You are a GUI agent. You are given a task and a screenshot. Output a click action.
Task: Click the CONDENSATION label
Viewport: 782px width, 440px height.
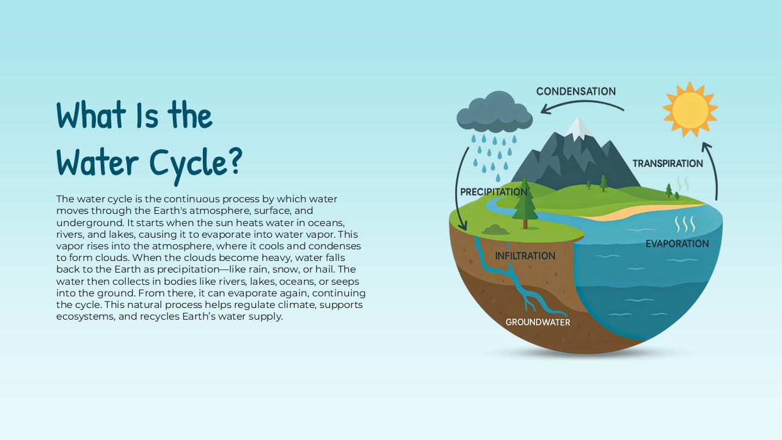pyautogui.click(x=576, y=92)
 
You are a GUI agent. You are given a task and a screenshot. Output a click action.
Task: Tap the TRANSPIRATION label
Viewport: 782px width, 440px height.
pyautogui.click(x=667, y=164)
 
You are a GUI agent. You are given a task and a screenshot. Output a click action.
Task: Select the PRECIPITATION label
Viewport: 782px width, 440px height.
pyautogui.click(x=494, y=192)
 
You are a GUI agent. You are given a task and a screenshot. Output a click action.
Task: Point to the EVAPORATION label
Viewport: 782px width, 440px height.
pyautogui.click(x=677, y=244)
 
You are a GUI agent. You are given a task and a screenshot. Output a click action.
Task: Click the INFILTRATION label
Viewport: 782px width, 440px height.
pyautogui.click(x=525, y=255)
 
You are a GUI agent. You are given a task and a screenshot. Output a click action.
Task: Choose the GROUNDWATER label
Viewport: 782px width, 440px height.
pyautogui.click(x=538, y=322)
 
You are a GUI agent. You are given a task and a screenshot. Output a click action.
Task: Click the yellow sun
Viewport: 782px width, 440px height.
pyautogui.click(x=690, y=109)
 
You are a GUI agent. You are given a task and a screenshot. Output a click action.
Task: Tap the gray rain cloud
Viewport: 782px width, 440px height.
pyautogui.click(x=494, y=112)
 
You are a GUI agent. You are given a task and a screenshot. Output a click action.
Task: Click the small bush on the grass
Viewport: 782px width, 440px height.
pyautogui.click(x=495, y=230)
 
